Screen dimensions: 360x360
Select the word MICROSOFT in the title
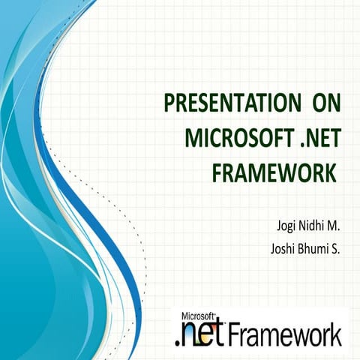tap(236, 138)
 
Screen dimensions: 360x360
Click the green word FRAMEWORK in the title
tap(273, 172)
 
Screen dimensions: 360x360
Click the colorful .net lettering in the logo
tap(199, 333)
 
